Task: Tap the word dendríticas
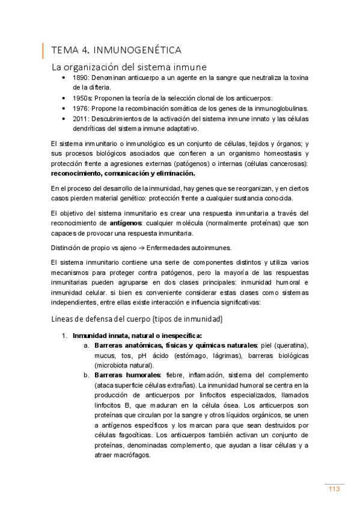[x=90, y=128]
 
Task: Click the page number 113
[x=334, y=489]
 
